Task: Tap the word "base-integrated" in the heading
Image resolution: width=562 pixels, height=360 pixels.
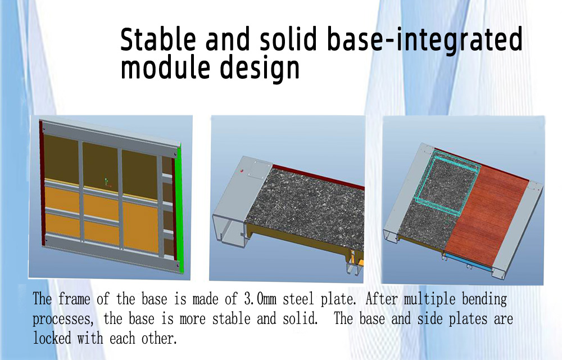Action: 424,40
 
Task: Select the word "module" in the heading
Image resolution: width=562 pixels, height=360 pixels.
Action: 165,67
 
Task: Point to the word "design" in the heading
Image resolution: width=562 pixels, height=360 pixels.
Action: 260,69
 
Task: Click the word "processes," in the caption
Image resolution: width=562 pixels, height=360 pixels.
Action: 63,319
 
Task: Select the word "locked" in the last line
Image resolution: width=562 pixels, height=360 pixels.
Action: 52,337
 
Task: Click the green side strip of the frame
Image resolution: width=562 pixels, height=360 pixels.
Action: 180,208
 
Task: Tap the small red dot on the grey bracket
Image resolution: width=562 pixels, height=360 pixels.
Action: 241,170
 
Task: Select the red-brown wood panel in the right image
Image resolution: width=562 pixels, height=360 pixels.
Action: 487,215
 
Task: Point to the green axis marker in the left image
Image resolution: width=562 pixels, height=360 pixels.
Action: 106,182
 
